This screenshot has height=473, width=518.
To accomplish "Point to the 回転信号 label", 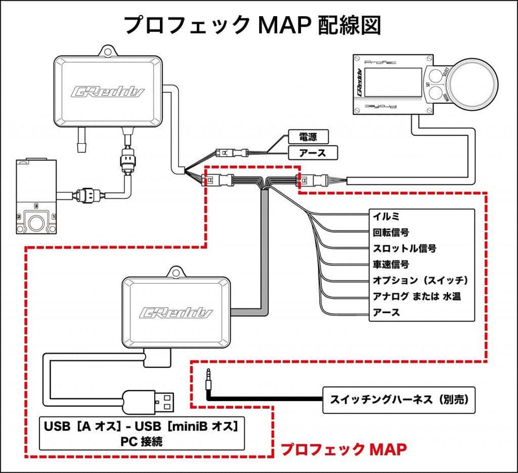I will [x=392, y=232].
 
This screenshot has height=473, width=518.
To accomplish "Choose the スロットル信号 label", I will [x=404, y=248].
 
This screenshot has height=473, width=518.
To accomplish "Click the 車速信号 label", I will [x=392, y=264].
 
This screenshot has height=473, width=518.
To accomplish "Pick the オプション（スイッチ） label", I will [x=419, y=280].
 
